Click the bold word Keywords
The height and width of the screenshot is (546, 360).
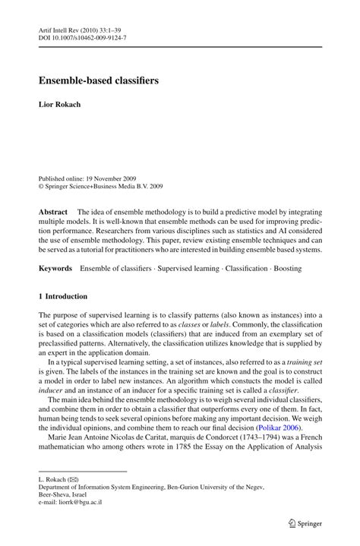[x=55, y=268]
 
